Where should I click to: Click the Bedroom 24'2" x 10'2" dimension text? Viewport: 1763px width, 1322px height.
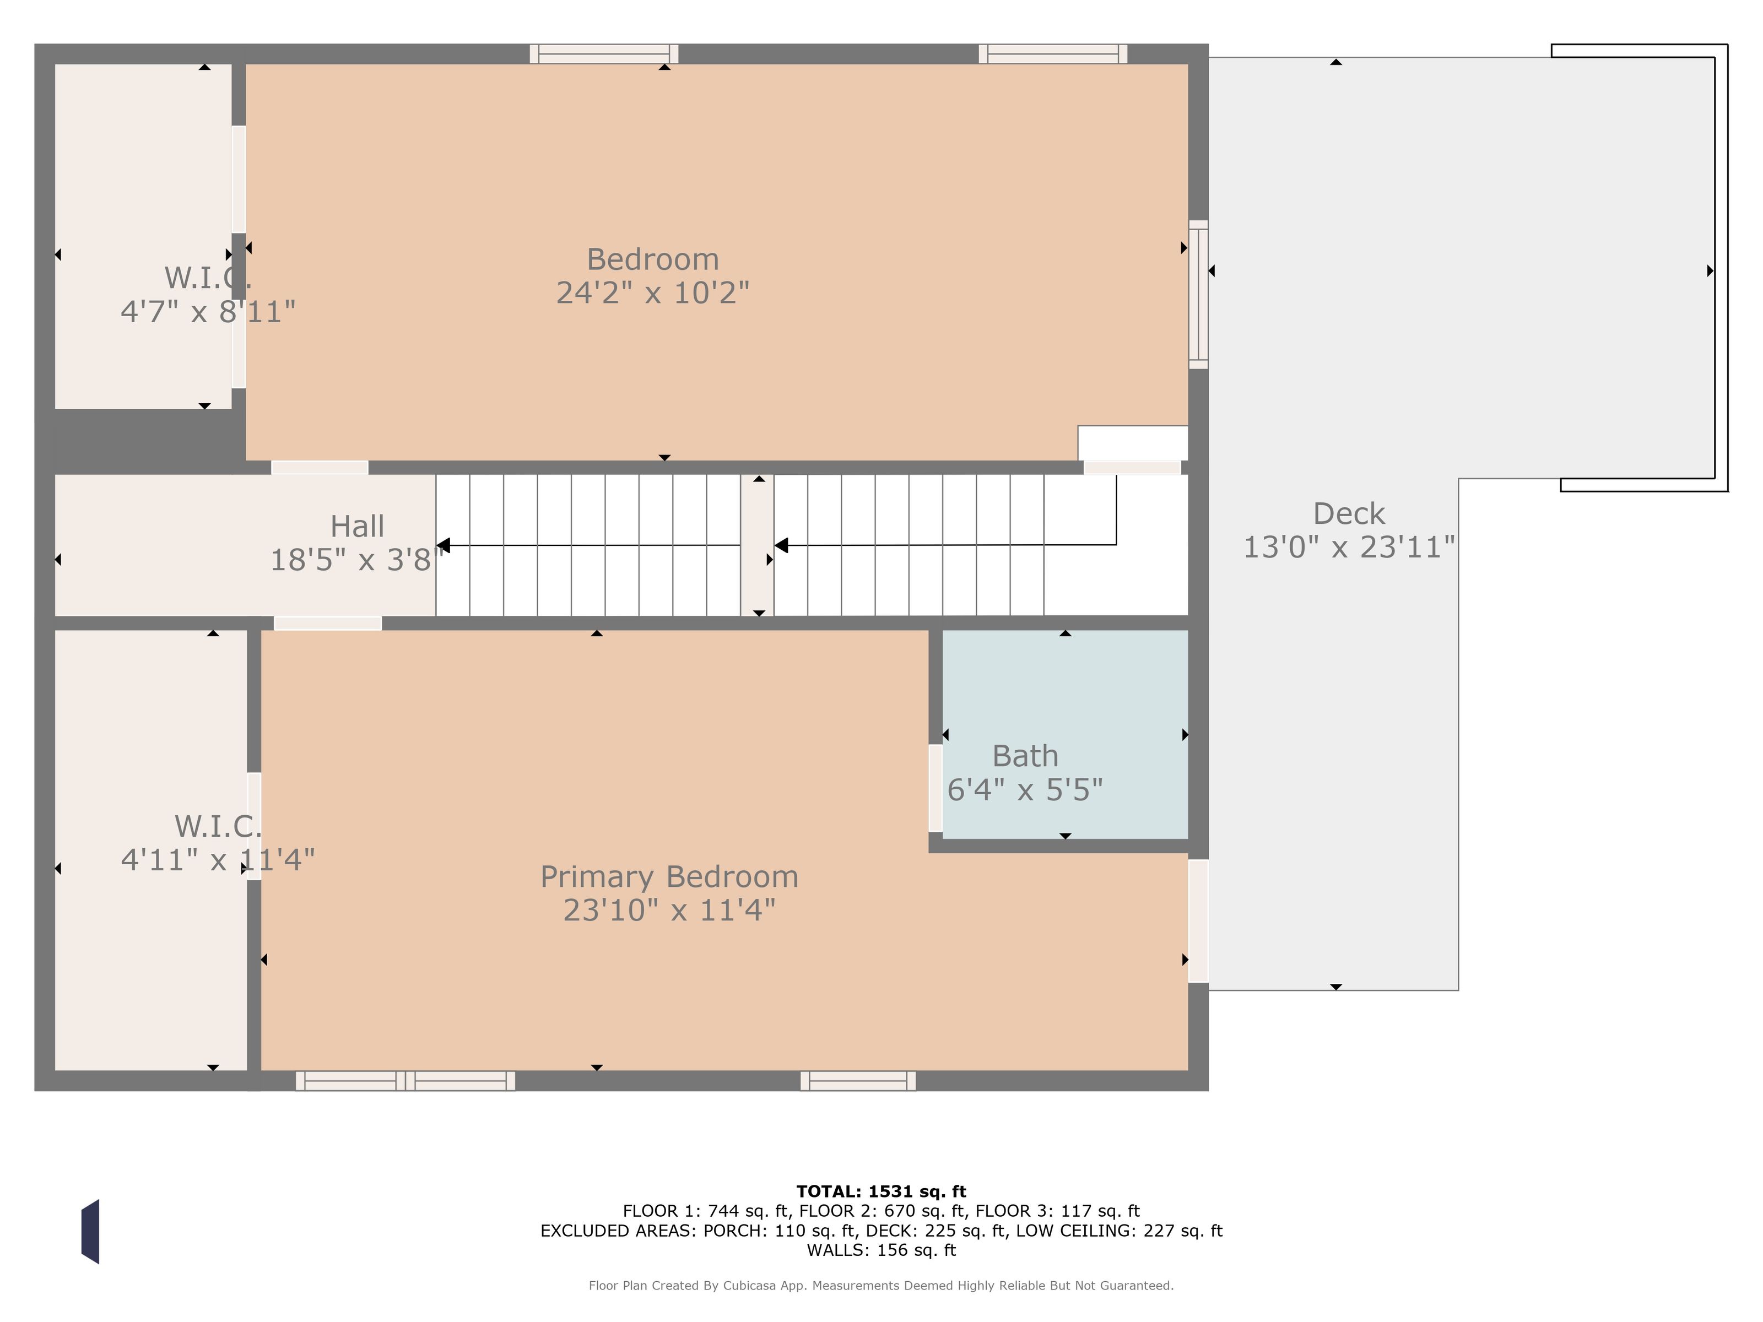[653, 293]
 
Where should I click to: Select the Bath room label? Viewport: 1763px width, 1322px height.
[1025, 755]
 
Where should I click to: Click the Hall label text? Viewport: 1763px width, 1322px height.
[357, 526]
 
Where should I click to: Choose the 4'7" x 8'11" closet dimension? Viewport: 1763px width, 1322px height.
[208, 312]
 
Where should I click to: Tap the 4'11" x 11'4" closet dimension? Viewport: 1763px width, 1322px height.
[218, 860]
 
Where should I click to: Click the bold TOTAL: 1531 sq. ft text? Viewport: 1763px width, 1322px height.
[881, 1191]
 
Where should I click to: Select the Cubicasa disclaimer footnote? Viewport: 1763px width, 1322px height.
[881, 1285]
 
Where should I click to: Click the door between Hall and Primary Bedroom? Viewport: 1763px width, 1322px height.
[328, 623]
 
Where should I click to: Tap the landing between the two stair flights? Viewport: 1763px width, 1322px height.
[757, 545]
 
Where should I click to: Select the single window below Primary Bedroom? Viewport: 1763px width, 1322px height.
[858, 1081]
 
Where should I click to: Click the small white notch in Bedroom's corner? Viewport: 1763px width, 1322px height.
[1133, 443]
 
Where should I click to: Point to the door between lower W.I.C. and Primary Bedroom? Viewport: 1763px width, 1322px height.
[254, 826]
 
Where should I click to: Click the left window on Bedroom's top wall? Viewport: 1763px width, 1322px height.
[604, 54]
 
